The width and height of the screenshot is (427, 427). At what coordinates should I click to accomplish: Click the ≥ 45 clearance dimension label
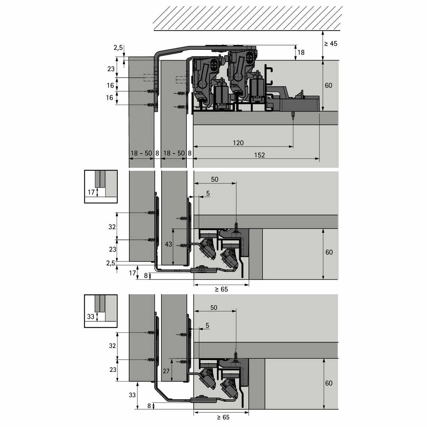[x=331, y=44]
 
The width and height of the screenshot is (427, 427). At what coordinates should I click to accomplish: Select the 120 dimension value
[x=238, y=143]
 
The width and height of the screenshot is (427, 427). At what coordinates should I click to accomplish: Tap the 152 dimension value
[x=259, y=155]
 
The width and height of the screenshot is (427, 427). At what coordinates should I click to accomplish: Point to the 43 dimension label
[x=168, y=244]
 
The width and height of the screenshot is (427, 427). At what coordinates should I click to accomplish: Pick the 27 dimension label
[x=166, y=371]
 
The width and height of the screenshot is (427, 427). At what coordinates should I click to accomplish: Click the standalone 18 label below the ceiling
[x=301, y=53]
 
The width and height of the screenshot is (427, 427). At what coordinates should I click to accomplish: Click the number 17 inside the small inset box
[x=91, y=192]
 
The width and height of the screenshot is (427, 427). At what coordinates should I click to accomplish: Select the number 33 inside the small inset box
[x=91, y=316]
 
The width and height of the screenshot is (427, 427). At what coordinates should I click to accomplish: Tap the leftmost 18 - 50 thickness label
[x=141, y=153]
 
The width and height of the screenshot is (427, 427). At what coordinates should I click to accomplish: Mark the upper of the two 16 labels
[x=110, y=85]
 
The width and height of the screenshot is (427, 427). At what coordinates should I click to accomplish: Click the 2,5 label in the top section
[x=118, y=47]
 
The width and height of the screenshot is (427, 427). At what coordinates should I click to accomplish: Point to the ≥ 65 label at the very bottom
[x=223, y=417]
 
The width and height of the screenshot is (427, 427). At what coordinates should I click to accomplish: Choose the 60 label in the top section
[x=328, y=85]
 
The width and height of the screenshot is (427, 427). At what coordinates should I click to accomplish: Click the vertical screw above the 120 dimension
[x=293, y=116]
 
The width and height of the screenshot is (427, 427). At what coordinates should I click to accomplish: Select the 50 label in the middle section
[x=215, y=179]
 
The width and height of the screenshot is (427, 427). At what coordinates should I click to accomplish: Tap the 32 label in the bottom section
[x=112, y=346]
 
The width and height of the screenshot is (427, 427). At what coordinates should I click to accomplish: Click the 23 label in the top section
[x=111, y=69]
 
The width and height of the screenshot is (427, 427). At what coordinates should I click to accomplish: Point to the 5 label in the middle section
[x=208, y=193]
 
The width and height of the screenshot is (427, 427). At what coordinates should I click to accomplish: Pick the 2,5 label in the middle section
[x=111, y=263]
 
